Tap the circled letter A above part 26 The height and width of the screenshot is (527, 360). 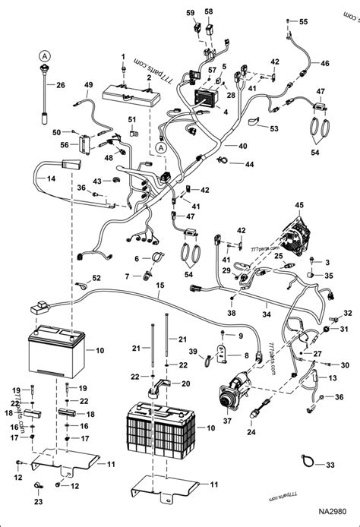click(45, 55)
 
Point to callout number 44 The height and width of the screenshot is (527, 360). click(249, 164)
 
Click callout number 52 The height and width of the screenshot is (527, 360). click(96, 278)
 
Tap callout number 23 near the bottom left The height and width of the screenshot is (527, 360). click(36, 502)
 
